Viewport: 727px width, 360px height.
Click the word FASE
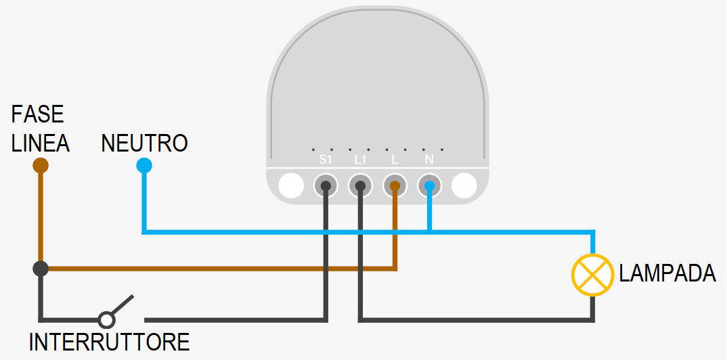(x=37, y=114)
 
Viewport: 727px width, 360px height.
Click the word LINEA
(x=41, y=143)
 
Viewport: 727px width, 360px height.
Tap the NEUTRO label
(x=144, y=143)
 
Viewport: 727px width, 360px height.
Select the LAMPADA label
(x=667, y=273)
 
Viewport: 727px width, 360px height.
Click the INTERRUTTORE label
(x=109, y=342)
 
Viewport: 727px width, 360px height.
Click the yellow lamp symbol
(x=593, y=274)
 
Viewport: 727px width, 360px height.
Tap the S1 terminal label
(x=326, y=160)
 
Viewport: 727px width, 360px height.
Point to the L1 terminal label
(x=361, y=160)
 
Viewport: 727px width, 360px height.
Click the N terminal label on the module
(x=429, y=160)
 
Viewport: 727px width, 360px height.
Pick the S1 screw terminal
(x=326, y=185)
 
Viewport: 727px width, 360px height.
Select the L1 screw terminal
(x=361, y=185)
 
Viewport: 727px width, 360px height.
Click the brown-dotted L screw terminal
(x=395, y=185)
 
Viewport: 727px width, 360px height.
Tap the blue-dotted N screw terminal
(x=429, y=185)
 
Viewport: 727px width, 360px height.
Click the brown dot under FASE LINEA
(x=41, y=165)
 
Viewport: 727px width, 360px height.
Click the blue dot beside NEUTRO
(x=144, y=165)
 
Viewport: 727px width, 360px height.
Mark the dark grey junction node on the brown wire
(x=41, y=269)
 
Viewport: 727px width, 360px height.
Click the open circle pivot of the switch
(x=106, y=319)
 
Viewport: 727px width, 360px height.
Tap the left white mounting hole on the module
(x=292, y=185)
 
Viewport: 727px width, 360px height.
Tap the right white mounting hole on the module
(x=464, y=185)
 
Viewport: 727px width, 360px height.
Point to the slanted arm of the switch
(x=122, y=305)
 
